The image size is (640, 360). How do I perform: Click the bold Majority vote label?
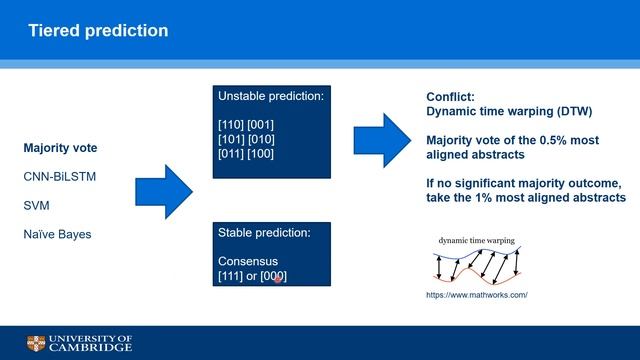(x=61, y=149)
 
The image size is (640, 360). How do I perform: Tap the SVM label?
(x=38, y=206)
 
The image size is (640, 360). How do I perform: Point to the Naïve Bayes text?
(x=58, y=234)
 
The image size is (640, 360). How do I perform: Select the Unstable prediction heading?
(x=273, y=98)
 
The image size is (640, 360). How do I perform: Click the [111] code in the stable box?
(x=233, y=276)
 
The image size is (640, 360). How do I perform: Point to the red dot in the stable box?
(x=278, y=279)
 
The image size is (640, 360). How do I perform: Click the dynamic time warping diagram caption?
(x=477, y=241)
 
